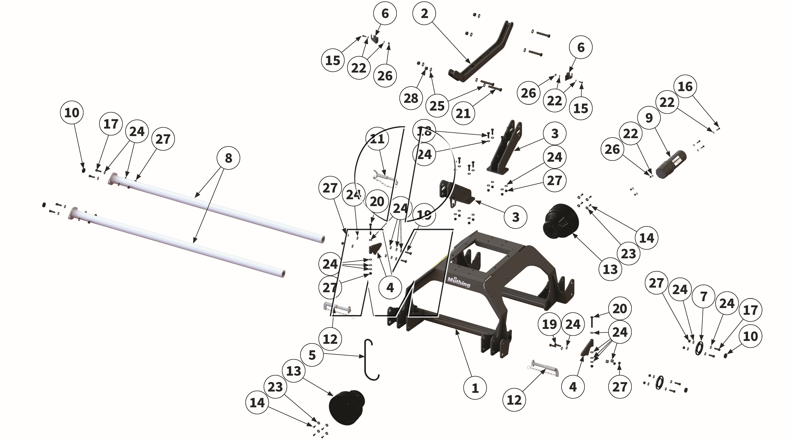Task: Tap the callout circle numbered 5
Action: pos(312,355)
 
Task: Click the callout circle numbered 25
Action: pos(437,106)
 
